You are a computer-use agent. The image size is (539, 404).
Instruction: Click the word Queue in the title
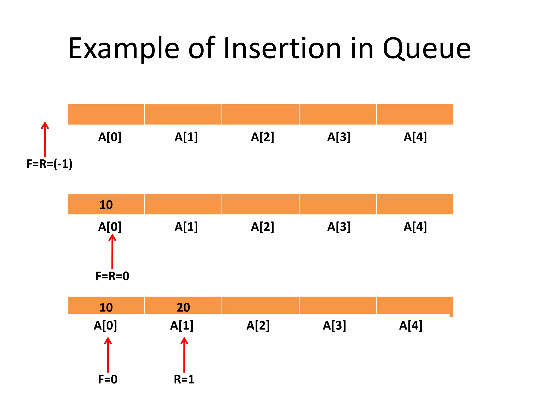point(426,49)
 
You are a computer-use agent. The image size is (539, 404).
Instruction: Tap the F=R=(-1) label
point(49,164)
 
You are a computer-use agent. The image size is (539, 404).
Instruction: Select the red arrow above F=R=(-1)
point(45,139)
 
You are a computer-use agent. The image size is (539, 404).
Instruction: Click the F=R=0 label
point(112,276)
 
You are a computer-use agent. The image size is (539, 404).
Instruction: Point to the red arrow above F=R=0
point(112,252)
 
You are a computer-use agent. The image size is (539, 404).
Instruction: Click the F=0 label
point(108,379)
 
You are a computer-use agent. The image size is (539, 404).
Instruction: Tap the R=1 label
point(184,379)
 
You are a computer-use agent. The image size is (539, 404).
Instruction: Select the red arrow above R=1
point(184,355)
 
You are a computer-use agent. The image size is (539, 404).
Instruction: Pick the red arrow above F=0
point(108,355)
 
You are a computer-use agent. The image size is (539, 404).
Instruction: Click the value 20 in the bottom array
point(183,307)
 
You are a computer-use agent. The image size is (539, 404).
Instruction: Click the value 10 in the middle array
point(106,205)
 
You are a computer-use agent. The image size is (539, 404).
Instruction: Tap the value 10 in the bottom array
point(106,307)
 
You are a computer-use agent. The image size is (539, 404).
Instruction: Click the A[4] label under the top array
point(415,137)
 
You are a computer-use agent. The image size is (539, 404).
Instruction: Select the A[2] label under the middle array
point(262,227)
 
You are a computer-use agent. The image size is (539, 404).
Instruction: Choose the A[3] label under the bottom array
point(334,326)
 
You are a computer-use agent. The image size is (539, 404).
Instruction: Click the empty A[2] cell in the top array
point(260,114)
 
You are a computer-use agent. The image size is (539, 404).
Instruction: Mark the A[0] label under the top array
point(110,137)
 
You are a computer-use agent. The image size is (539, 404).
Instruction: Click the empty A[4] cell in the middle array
point(415,204)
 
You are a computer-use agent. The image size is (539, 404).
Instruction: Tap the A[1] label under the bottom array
point(182,326)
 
